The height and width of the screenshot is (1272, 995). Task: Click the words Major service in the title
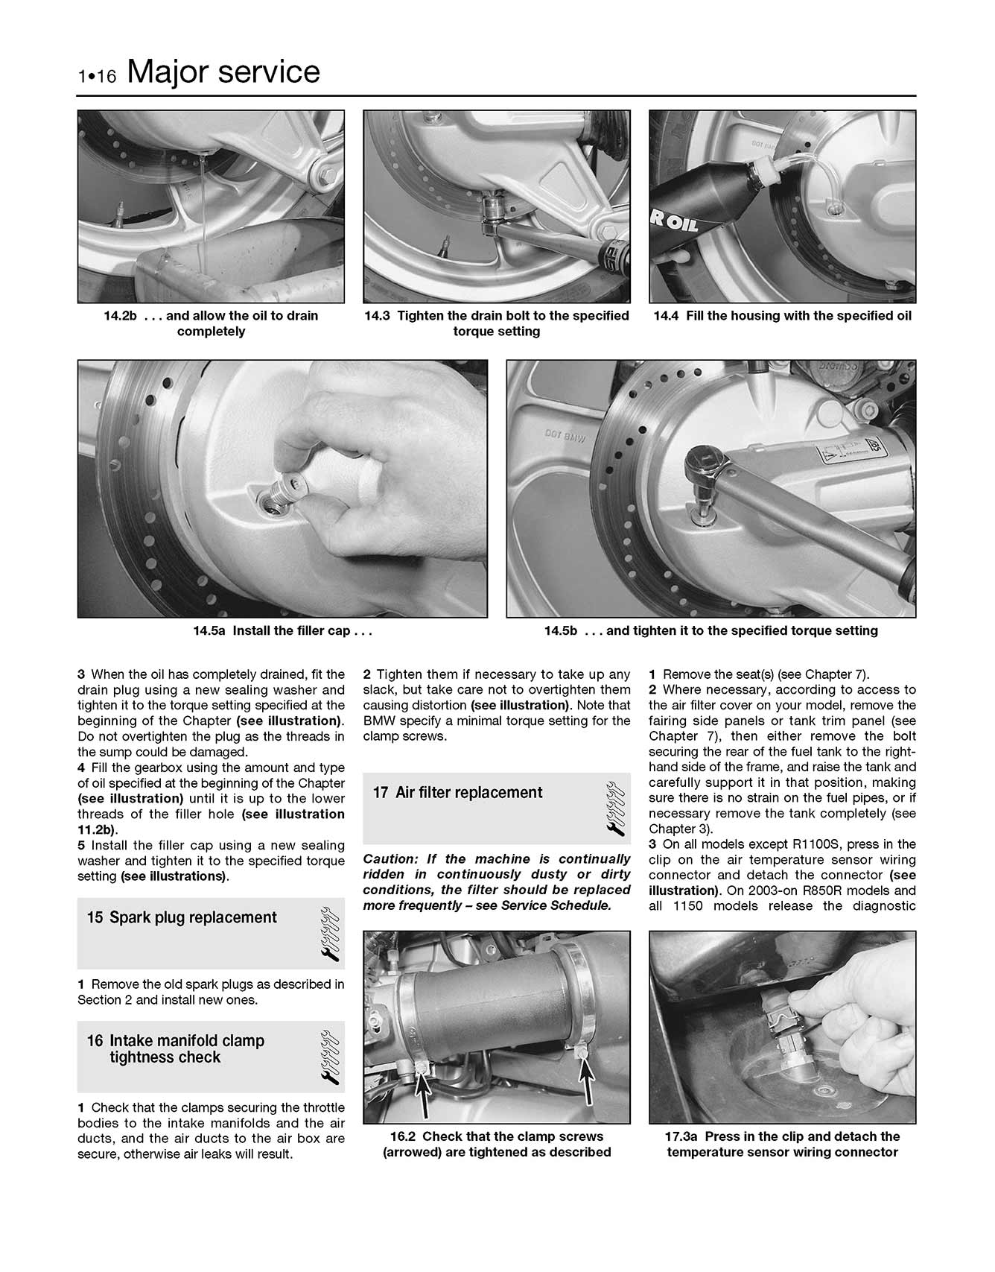point(223,72)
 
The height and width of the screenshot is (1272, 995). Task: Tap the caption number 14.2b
point(121,316)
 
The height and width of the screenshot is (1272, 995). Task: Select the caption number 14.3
point(378,316)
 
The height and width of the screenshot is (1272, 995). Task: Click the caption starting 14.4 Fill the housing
point(782,316)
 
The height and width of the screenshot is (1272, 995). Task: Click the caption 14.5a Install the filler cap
point(282,631)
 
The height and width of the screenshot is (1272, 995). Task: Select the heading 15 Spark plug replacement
point(182,918)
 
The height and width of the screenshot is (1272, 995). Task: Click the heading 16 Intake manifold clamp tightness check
point(176,1049)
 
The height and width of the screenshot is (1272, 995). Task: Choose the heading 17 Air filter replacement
point(458,793)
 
